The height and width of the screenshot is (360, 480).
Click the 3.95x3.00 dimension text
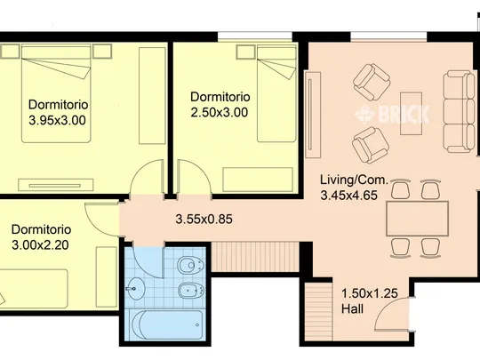[57, 120]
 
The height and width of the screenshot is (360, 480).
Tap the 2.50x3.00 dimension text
[220, 112]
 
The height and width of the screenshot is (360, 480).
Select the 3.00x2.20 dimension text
[40, 245]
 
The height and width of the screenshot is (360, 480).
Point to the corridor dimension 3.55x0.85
[204, 219]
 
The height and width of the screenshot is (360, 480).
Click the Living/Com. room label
[354, 180]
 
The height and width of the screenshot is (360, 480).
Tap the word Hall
[352, 308]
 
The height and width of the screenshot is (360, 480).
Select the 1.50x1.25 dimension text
[370, 293]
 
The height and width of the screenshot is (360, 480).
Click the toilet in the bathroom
[190, 265]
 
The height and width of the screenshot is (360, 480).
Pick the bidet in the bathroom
[191, 290]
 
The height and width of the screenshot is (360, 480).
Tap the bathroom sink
[135, 288]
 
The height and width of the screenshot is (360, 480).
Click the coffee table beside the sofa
[412, 113]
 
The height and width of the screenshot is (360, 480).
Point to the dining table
[417, 219]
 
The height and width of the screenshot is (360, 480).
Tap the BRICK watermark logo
[392, 114]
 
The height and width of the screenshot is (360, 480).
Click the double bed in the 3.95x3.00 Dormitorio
[56, 93]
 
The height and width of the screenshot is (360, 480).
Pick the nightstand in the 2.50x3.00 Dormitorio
[245, 52]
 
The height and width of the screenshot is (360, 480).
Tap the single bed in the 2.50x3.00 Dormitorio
[276, 93]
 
